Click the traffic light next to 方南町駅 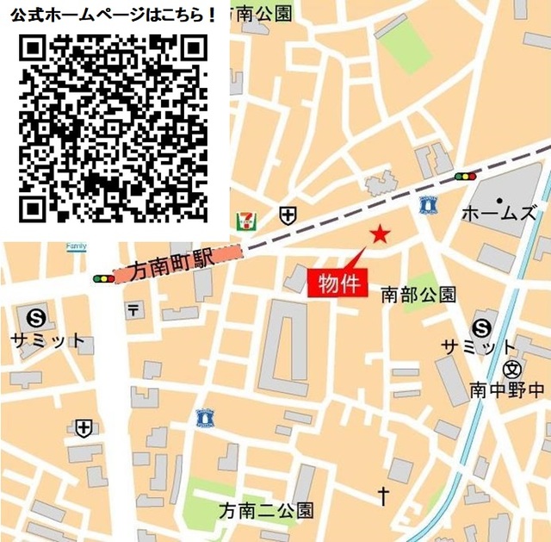pyautogui.click(x=103, y=278)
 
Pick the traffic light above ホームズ pyautogui.click(x=465, y=176)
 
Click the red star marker pyautogui.click(x=380, y=234)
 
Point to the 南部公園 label pyautogui.click(x=418, y=295)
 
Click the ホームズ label pyautogui.click(x=499, y=214)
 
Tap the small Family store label pyautogui.click(x=77, y=246)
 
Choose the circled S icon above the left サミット pyautogui.click(x=36, y=316)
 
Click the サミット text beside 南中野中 pyautogui.click(x=480, y=347)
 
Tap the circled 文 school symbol pyautogui.click(x=512, y=370)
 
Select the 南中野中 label pyautogui.click(x=508, y=390)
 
